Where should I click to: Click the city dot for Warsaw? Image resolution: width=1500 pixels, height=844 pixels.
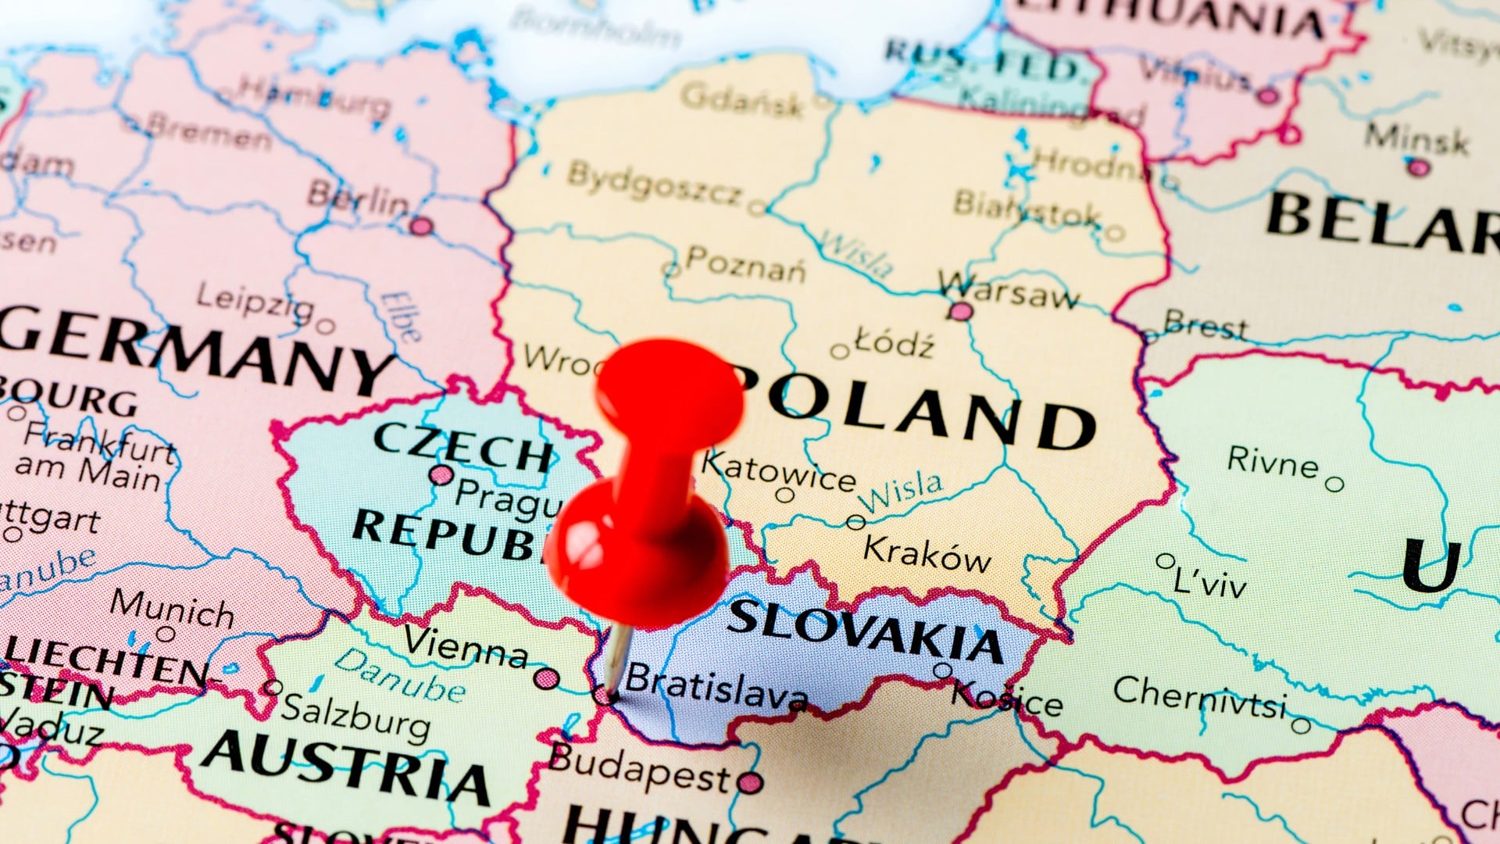click(x=961, y=312)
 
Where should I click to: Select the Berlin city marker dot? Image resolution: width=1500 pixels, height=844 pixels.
click(x=421, y=227)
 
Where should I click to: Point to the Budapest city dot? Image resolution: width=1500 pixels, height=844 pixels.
click(x=749, y=781)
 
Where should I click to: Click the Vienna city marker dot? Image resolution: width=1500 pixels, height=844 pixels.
click(x=546, y=678)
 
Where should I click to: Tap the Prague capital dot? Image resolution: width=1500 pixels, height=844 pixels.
click(x=441, y=474)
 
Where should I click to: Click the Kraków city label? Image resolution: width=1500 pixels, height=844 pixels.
click(x=927, y=553)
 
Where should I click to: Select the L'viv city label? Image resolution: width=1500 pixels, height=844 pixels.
click(x=1210, y=581)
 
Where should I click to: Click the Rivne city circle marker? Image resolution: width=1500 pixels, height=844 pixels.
click(x=1335, y=485)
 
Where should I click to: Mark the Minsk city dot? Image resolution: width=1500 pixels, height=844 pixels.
click(x=1419, y=167)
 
